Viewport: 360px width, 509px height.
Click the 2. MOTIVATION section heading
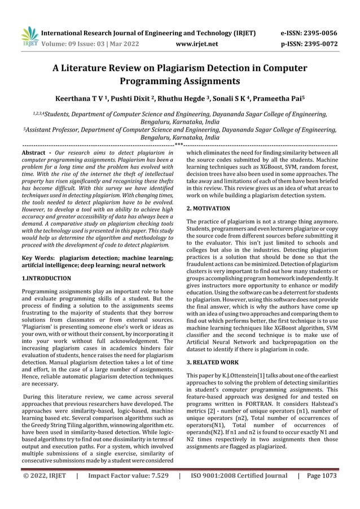point(208,208)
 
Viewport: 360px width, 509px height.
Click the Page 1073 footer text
point(321,476)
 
